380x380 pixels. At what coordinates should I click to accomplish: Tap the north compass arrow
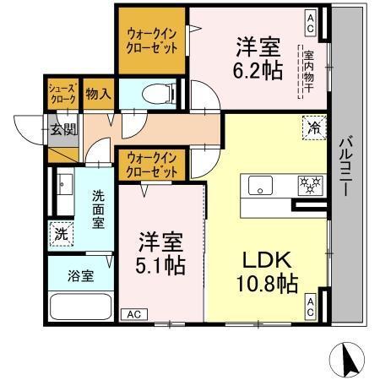(x=347, y=361)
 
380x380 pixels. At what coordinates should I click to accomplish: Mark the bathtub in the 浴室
(x=79, y=307)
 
